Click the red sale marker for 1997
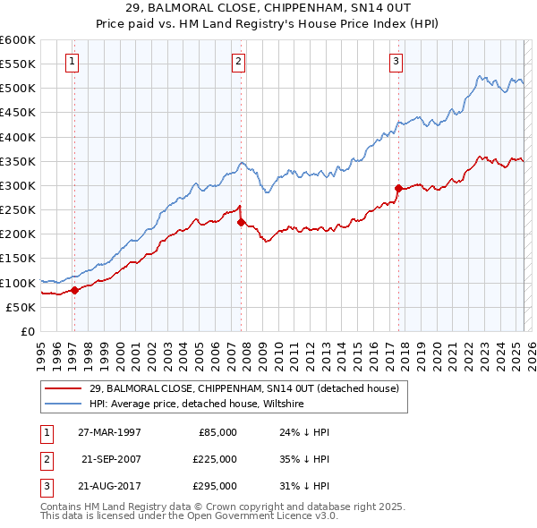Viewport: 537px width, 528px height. [74, 290]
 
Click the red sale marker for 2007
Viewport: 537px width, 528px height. [241, 222]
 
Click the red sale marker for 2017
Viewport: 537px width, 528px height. [398, 188]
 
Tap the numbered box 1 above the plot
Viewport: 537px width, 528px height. [72, 62]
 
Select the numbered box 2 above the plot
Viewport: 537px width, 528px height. [239, 62]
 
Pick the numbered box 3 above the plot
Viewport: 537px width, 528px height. [396, 62]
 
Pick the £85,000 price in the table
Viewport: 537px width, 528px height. [217, 432]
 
